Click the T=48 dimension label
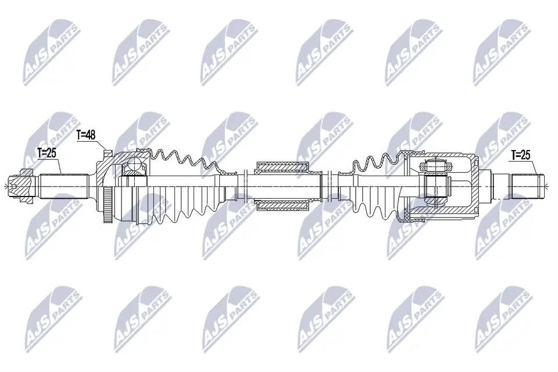tap(86, 135)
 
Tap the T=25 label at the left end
tap(46, 153)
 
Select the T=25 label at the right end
tap(521, 155)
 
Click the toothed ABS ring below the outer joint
tap(107, 206)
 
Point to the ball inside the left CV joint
tap(134, 164)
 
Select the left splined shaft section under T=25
tap(63, 186)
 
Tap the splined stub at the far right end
tap(528, 186)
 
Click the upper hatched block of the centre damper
tap(282, 167)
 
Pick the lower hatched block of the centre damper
tap(282, 205)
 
